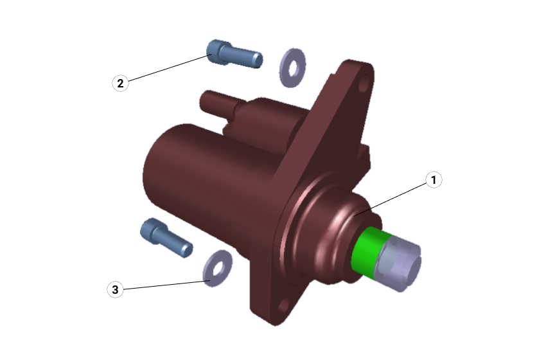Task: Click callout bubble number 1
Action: pyautogui.click(x=434, y=180)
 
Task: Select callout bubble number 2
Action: pyautogui.click(x=120, y=84)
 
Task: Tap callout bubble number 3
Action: pyautogui.click(x=115, y=289)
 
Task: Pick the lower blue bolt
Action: pyautogui.click(x=166, y=237)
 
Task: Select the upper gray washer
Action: pyautogui.click(x=292, y=68)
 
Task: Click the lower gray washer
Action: pyautogui.click(x=218, y=268)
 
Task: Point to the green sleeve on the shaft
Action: pyautogui.click(x=369, y=251)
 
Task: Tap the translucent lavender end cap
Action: pyautogui.click(x=400, y=263)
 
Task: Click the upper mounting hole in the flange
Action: pyautogui.click(x=363, y=85)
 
